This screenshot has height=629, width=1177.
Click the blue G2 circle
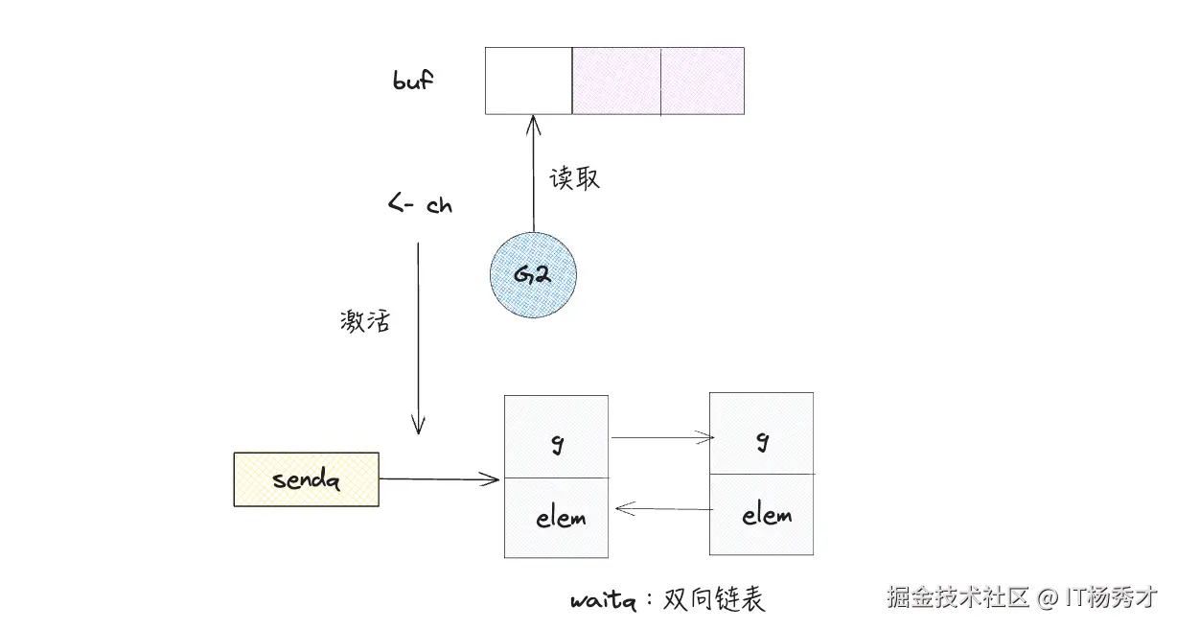(x=533, y=274)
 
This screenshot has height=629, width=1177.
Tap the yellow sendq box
(x=306, y=478)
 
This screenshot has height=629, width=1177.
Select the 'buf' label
(x=413, y=80)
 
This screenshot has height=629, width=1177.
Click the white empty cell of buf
(x=528, y=81)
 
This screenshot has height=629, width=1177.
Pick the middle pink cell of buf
(x=616, y=81)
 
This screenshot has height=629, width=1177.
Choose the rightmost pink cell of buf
(x=703, y=81)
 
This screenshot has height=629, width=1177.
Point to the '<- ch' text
(x=420, y=205)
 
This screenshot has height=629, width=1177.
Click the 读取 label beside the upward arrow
(x=574, y=178)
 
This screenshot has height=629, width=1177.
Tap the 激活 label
(x=365, y=321)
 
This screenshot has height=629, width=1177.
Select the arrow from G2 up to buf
(x=533, y=173)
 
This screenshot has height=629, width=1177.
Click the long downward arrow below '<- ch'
(x=418, y=336)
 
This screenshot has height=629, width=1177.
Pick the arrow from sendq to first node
(x=439, y=478)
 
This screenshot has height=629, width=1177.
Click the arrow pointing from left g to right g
(x=661, y=438)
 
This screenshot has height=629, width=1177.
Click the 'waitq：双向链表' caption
(x=668, y=600)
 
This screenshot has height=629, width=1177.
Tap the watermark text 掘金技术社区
(x=958, y=597)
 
